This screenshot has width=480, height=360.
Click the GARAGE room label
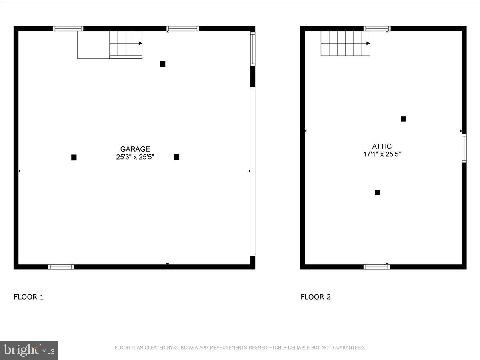(x=135, y=149)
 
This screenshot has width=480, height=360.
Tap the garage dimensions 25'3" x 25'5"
(x=135, y=157)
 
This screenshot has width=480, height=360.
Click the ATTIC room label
(x=382, y=146)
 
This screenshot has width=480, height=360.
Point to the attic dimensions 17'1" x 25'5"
(x=382, y=154)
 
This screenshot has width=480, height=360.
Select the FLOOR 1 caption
(x=29, y=297)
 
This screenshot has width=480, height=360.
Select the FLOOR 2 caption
(x=316, y=297)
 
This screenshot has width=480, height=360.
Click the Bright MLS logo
(x=29, y=350)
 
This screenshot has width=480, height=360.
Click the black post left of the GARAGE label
(x=74, y=158)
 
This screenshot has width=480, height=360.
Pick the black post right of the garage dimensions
(x=176, y=157)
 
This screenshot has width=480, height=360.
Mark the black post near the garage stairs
(x=162, y=64)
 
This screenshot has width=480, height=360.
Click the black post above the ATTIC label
(x=403, y=119)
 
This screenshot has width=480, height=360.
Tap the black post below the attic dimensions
(x=377, y=192)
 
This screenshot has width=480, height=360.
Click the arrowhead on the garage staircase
(x=140, y=43)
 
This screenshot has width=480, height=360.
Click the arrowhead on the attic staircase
(x=368, y=43)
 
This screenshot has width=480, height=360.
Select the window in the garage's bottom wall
(x=61, y=267)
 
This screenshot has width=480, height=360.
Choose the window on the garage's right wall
(x=253, y=49)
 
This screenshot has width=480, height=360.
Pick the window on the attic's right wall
(x=464, y=148)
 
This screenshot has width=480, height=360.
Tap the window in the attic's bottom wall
(x=376, y=267)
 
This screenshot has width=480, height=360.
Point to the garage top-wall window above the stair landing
(x=68, y=29)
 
